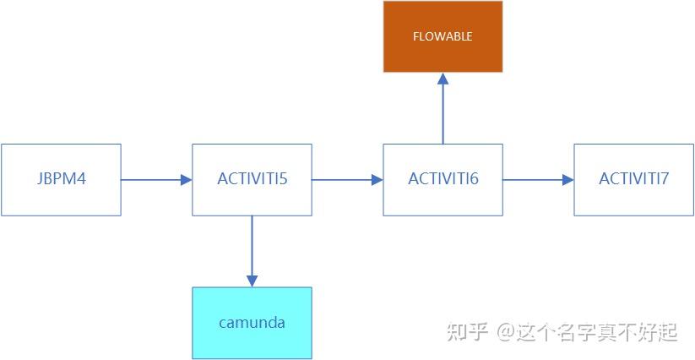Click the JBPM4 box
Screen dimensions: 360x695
pyautogui.click(x=61, y=179)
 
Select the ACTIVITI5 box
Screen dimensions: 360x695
pyautogui.click(x=252, y=179)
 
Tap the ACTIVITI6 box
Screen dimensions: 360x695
pyautogui.click(x=443, y=179)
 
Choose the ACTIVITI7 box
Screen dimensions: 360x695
pyautogui.click(x=633, y=179)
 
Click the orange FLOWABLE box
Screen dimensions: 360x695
pyautogui.click(x=443, y=36)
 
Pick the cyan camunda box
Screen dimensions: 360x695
pyautogui.click(x=252, y=323)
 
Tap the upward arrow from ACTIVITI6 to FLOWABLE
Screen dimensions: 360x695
pyautogui.click(x=443, y=110)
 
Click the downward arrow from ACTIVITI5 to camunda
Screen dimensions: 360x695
pyautogui.click(x=252, y=250)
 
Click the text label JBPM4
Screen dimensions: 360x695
pyautogui.click(x=62, y=179)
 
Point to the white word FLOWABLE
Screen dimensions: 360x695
pyautogui.click(x=443, y=36)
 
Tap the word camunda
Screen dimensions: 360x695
pyautogui.click(x=252, y=323)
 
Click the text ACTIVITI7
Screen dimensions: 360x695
pyautogui.click(x=633, y=179)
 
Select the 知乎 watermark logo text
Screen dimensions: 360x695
pyautogui.click(x=467, y=332)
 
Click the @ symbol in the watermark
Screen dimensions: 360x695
pyautogui.click(x=505, y=332)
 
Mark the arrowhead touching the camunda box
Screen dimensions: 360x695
pyautogui.click(x=252, y=280)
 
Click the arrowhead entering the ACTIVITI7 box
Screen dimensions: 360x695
pyautogui.click(x=567, y=179)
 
